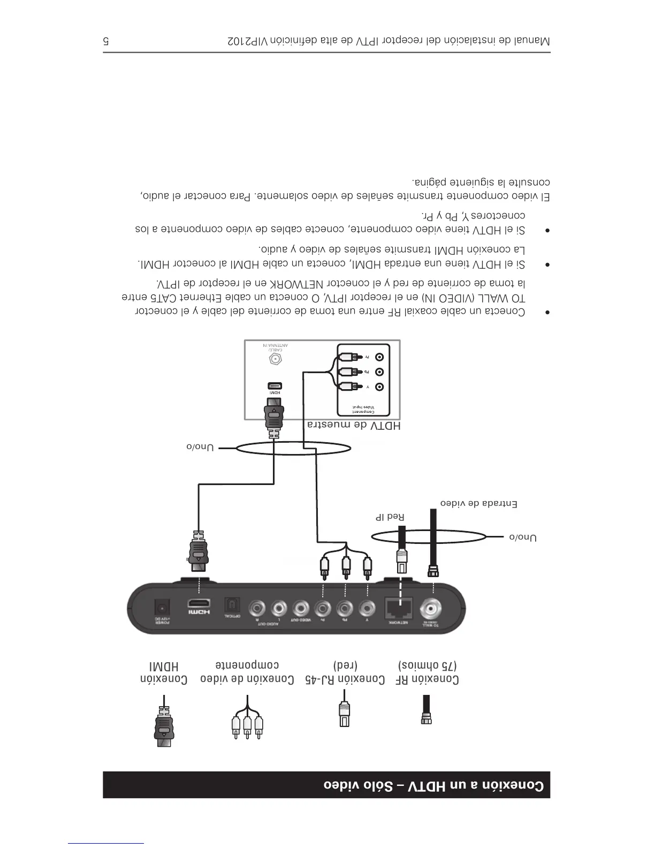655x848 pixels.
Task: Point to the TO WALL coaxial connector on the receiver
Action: click(431, 608)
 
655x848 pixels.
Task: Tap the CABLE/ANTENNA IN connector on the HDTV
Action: click(276, 359)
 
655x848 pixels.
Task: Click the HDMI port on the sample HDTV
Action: click(275, 386)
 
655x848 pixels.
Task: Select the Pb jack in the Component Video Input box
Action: click(379, 372)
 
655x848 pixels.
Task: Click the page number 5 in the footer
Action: click(106, 41)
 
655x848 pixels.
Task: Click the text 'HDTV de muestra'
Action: click(354, 425)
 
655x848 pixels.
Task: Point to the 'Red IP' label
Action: click(390, 517)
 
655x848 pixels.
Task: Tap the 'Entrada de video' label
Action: click(478, 504)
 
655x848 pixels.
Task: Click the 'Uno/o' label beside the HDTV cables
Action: click(200, 447)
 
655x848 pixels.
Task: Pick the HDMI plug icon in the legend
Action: click(164, 725)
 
